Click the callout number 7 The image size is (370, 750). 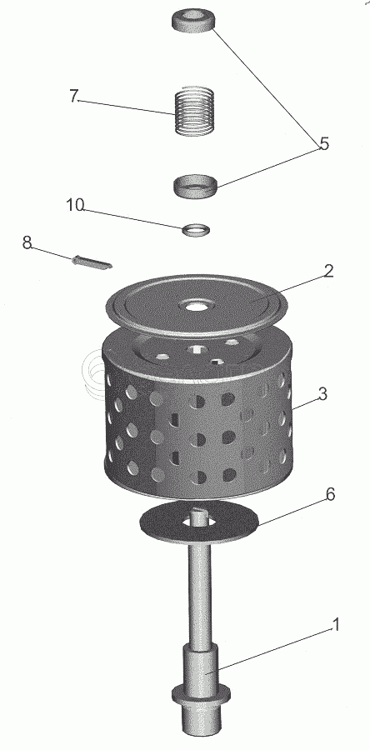72,96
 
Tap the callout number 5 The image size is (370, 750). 325,143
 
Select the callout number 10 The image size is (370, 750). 75,205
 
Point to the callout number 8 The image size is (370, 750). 27,242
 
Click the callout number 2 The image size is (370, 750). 328,271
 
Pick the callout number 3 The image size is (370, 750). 323,395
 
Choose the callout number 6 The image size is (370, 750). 330,494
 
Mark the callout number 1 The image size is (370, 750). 336,625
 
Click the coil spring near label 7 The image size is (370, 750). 194,111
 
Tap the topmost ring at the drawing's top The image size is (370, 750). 193,22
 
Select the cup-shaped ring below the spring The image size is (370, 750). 194,187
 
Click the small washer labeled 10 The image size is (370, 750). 197,230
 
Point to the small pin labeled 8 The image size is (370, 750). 92,262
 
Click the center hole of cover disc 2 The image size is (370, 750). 194,305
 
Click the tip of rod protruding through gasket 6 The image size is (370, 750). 199,512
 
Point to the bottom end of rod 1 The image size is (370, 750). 202,729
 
